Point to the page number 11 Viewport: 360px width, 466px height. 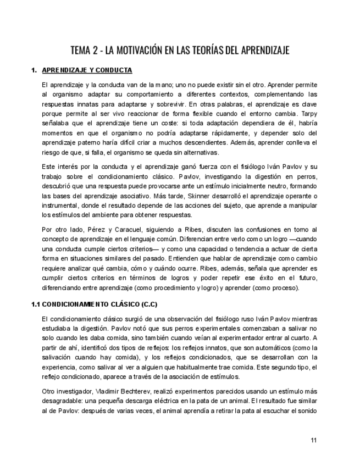click(x=313, y=440)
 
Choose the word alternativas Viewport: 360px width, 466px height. click(x=201, y=152)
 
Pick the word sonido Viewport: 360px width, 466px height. click(x=307, y=410)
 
